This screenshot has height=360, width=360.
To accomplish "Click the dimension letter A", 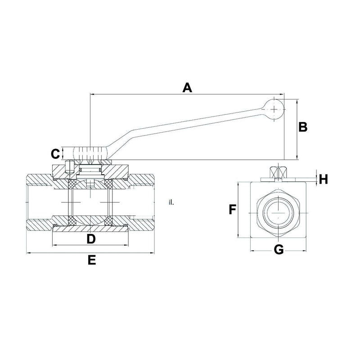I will pyautogui.click(x=187, y=87).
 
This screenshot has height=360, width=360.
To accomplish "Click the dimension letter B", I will pyautogui.click(x=303, y=127).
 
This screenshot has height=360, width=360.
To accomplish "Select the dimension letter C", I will pyautogui.click(x=55, y=154).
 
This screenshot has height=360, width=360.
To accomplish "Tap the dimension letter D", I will pyautogui.click(x=91, y=238).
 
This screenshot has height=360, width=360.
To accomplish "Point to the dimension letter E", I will pyautogui.click(x=91, y=261).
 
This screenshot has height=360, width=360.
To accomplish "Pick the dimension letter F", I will pyautogui.click(x=233, y=210).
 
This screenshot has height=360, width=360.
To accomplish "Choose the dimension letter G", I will pyautogui.click(x=279, y=250).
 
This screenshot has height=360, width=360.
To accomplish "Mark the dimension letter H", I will pyautogui.click(x=323, y=179).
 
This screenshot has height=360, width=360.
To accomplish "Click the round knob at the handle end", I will pyautogui.click(x=274, y=108).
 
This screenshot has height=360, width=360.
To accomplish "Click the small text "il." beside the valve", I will pyautogui.click(x=171, y=202).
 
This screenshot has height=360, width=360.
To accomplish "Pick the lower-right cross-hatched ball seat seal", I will pyautogui.click(x=109, y=221).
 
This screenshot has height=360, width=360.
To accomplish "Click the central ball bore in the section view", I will pyautogui.click(x=90, y=202).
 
